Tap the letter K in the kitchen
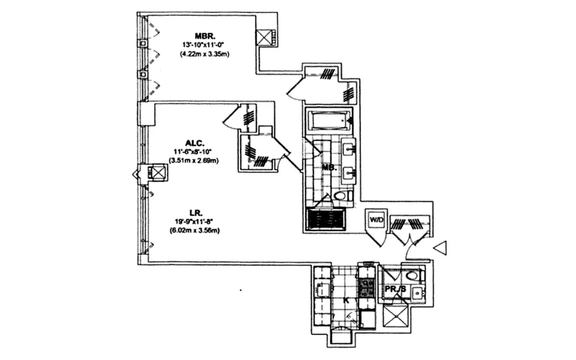pos(345,300)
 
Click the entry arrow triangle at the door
pos(441,248)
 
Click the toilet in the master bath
pos(341,195)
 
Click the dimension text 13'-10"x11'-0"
pos(204,45)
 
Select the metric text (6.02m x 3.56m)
pos(197,230)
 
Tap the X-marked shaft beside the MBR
pos(265,37)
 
